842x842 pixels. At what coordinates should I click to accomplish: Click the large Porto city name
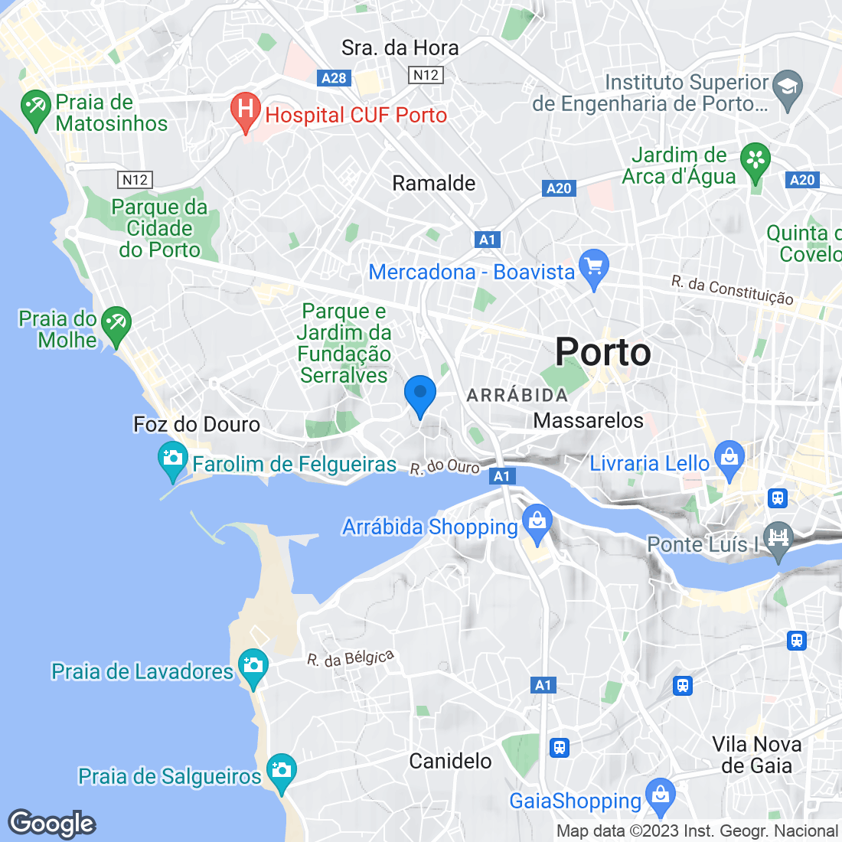(603, 352)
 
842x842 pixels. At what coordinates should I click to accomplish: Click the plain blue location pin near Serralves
(419, 393)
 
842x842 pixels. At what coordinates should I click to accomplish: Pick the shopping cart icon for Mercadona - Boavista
(594, 268)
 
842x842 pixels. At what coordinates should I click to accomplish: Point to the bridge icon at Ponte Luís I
(778, 537)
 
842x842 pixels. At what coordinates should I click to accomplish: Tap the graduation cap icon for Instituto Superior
(787, 85)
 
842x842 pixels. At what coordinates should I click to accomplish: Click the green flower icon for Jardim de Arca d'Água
(756, 160)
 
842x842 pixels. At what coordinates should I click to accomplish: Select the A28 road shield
(334, 77)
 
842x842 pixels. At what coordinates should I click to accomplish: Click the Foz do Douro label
(197, 424)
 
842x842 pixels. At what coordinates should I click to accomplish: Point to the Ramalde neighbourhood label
(433, 183)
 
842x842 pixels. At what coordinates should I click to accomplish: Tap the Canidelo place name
(450, 761)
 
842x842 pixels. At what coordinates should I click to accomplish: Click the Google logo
(52, 824)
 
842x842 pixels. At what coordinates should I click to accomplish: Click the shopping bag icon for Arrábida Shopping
(537, 523)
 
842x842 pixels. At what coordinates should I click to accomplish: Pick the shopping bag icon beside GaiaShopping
(660, 796)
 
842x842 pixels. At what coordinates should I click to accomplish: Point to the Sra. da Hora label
(400, 47)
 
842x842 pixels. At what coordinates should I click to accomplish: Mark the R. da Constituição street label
(732, 290)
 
